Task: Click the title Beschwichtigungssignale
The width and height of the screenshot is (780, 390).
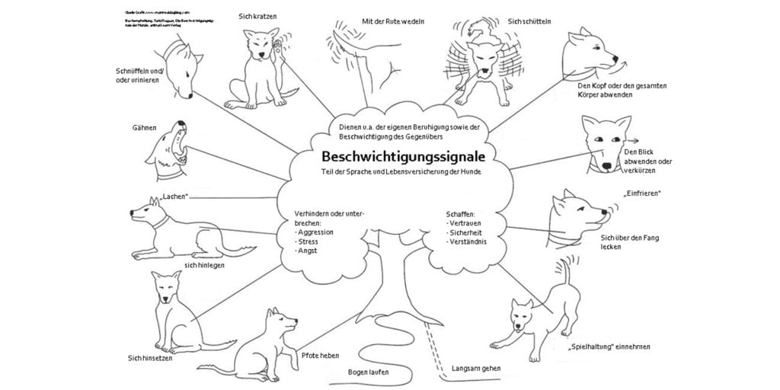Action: pos(403,156)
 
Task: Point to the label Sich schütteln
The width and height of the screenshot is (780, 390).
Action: pos(531,21)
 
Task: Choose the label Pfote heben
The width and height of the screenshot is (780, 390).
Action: pos(320,356)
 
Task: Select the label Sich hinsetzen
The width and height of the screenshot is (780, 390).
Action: pos(150,357)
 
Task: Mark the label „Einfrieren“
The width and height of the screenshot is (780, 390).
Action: pos(642,193)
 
